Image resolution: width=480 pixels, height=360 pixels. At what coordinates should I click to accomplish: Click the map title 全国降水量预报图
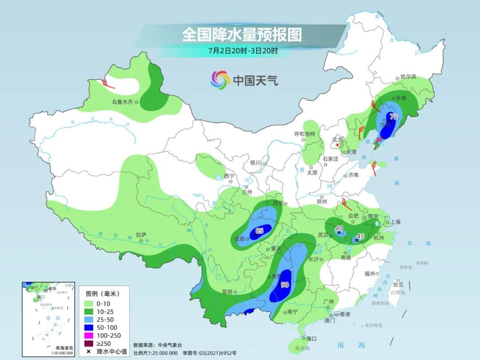coord(242,35)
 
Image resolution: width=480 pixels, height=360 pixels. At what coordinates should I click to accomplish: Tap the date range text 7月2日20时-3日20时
coord(243,51)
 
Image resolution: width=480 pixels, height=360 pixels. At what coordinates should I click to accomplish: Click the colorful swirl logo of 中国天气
coord(220,80)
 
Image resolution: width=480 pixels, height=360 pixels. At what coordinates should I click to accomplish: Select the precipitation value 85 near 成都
coord(260,231)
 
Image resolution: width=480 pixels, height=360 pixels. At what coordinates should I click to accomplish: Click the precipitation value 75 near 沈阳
coord(393,116)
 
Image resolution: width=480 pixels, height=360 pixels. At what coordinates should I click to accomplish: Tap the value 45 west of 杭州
coord(361,236)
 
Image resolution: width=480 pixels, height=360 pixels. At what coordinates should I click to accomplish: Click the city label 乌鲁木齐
coord(122,102)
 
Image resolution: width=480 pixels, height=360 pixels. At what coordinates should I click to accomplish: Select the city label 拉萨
coord(141,235)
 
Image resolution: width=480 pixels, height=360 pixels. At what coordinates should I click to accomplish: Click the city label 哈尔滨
coord(408,77)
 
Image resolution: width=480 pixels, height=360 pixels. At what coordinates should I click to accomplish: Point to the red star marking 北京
coord(338,145)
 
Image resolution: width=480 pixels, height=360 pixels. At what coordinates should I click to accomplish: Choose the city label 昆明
coord(227,292)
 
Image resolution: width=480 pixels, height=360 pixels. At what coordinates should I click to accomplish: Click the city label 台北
coord(398,284)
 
